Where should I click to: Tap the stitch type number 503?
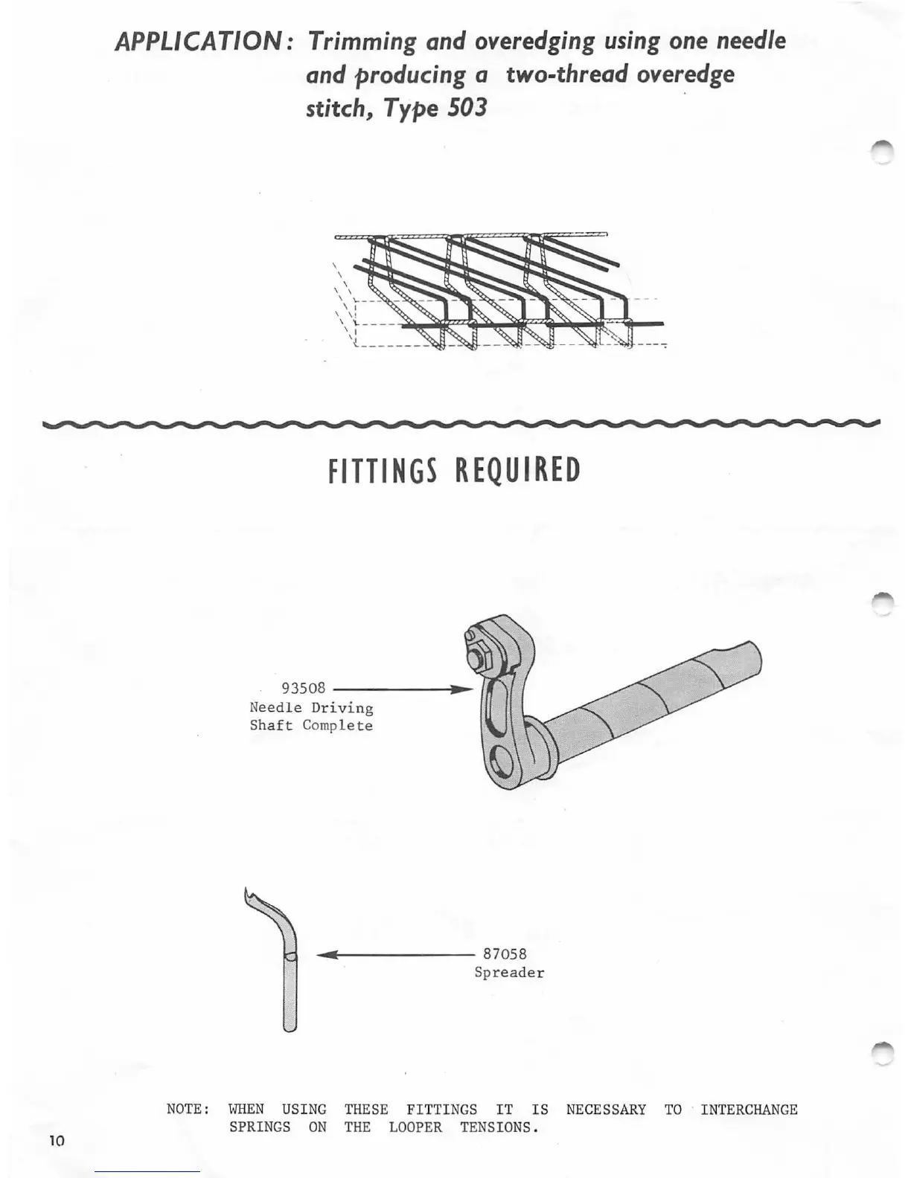point(467,109)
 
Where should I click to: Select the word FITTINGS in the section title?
point(382,471)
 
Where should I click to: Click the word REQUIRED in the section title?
point(517,471)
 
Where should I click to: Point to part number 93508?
point(303,689)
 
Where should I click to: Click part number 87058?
point(505,954)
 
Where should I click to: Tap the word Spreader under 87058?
point(509,973)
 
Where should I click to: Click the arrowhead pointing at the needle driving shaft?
point(463,689)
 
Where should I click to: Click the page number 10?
point(57,1141)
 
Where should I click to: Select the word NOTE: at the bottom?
point(188,1110)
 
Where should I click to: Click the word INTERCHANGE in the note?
point(749,1110)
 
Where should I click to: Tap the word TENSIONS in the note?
point(499,1127)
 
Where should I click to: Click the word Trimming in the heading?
point(362,41)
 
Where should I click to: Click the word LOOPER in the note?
point(415,1127)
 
